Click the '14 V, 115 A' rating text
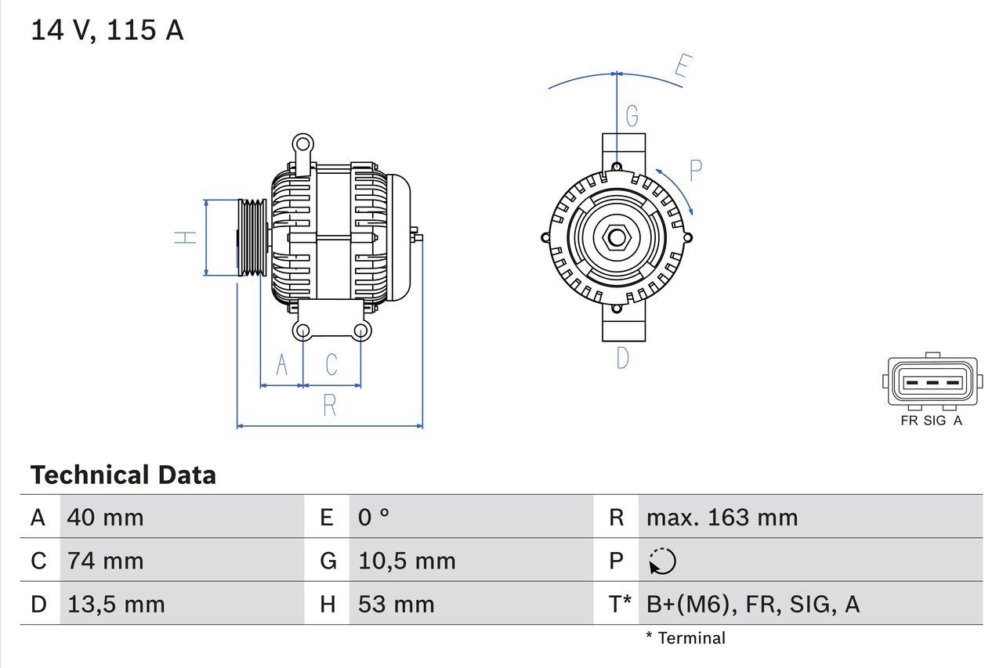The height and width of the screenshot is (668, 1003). pyautogui.click(x=107, y=31)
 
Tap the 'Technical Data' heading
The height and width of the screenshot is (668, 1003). pyautogui.click(x=123, y=475)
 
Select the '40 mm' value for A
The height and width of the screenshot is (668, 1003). pyautogui.click(x=105, y=518)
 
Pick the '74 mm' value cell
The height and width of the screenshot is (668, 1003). pyautogui.click(x=105, y=561)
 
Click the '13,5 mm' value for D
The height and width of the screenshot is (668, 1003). pyautogui.click(x=116, y=605)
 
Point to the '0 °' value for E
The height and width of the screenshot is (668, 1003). pyautogui.click(x=374, y=518)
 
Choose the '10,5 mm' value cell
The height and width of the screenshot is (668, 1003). pyautogui.click(x=407, y=561)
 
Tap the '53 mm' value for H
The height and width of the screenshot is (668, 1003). pyautogui.click(x=396, y=605)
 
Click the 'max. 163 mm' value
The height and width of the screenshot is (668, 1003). pyautogui.click(x=722, y=518)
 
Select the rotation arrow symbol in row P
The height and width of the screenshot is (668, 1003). pyautogui.click(x=662, y=561)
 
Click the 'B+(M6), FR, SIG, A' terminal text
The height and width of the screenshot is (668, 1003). pyautogui.click(x=752, y=605)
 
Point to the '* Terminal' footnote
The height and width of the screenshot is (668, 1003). pyautogui.click(x=686, y=638)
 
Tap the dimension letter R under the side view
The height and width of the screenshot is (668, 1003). pyautogui.click(x=330, y=406)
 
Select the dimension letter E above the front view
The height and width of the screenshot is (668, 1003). pyautogui.click(x=682, y=69)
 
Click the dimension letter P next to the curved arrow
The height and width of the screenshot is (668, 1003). pyautogui.click(x=695, y=170)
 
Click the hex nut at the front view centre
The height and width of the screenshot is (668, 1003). pyautogui.click(x=617, y=237)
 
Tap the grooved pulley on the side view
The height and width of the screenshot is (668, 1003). pyautogui.click(x=252, y=237)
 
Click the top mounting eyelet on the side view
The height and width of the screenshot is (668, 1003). pyautogui.click(x=302, y=144)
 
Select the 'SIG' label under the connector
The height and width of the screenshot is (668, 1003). pyautogui.click(x=934, y=421)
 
